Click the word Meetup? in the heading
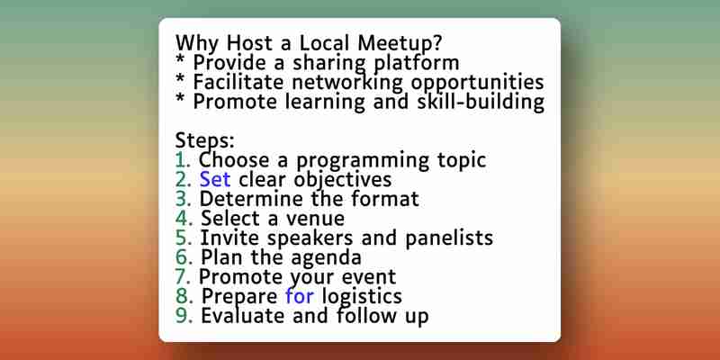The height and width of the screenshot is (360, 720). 400,43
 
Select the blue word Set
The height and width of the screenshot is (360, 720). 215,179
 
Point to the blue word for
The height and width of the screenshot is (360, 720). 300,296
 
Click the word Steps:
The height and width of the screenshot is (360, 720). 205,140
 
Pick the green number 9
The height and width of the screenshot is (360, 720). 184,316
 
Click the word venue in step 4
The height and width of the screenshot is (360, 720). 316,219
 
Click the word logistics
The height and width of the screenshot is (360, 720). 362,296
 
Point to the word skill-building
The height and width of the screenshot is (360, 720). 481,102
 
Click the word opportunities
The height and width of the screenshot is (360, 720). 478,83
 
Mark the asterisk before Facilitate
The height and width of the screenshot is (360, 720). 181,80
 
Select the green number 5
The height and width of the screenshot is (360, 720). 184,238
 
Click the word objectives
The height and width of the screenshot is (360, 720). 343,179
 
